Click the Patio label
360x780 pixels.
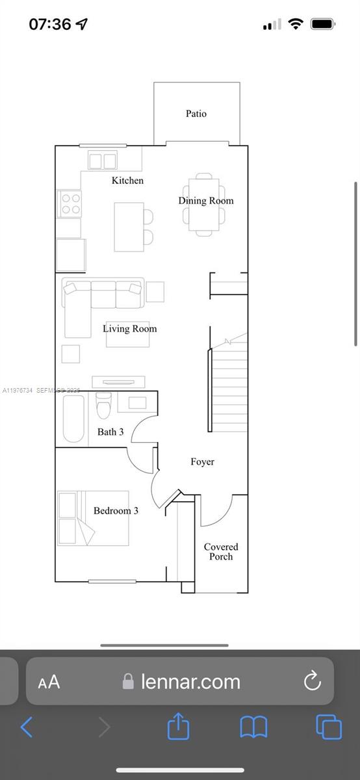tap(196, 114)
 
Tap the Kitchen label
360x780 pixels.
tap(127, 181)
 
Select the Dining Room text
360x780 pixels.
tap(205, 201)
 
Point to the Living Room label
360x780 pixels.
tap(129, 329)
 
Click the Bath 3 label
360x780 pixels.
tap(110, 432)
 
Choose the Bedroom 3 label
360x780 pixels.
tap(116, 511)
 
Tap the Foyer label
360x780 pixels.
tap(202, 462)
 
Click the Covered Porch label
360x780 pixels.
tap(221, 552)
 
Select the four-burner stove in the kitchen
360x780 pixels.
tap(70, 203)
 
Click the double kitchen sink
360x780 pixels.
tap(103, 161)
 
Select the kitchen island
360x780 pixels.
tap(129, 227)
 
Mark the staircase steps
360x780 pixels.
tap(229, 390)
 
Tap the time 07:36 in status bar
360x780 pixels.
tap(50, 25)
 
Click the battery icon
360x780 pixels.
tap(323, 25)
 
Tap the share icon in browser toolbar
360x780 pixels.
tap(178, 726)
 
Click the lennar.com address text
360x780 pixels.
tap(190, 681)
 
